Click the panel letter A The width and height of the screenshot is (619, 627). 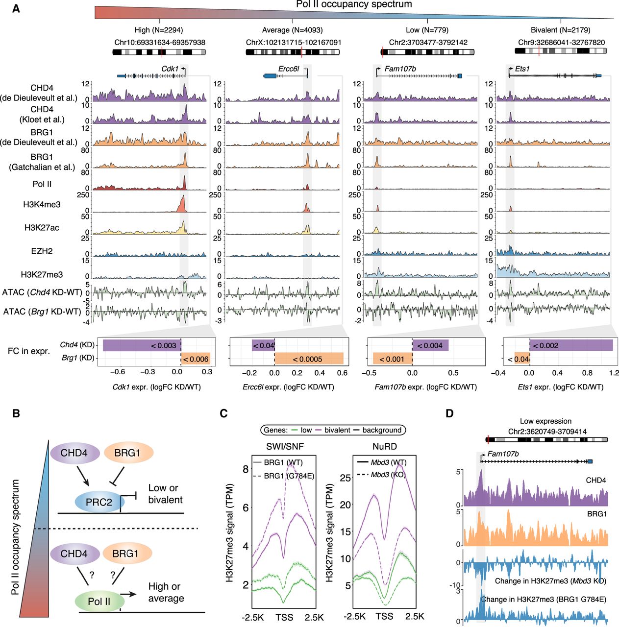click(x=16, y=9)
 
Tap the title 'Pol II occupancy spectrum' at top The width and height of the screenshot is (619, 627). click(x=354, y=4)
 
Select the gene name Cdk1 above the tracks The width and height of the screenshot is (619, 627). click(x=170, y=69)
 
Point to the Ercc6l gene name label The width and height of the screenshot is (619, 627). click(x=289, y=69)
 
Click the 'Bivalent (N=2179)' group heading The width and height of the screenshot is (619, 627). click(x=560, y=30)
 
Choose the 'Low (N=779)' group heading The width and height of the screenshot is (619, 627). click(x=427, y=30)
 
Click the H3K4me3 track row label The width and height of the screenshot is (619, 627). click(x=42, y=204)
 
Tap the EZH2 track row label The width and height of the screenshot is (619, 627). click(x=42, y=251)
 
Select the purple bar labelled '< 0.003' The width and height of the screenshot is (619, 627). click(x=142, y=345)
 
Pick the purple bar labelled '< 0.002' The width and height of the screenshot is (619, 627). click(x=571, y=345)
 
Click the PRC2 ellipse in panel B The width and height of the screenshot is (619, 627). click(x=99, y=502)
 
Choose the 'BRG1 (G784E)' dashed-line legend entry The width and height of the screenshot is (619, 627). click(x=284, y=476)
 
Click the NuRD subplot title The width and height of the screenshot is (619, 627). click(x=385, y=446)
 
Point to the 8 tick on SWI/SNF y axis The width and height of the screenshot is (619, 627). click(x=246, y=469)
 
